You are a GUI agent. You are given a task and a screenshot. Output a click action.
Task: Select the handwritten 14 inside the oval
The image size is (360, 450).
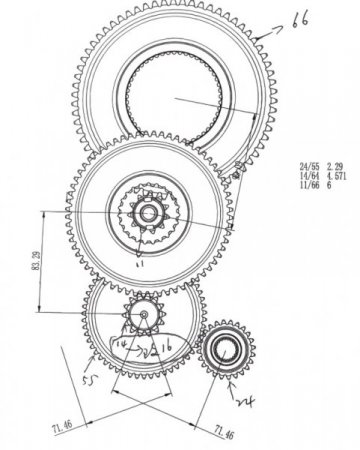point(122,343)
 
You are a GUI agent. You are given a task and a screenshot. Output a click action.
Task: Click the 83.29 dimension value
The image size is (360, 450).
point(36,258)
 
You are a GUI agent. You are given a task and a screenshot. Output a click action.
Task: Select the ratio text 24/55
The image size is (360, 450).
point(310,167)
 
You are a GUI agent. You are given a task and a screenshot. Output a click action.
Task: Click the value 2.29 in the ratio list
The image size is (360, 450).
point(339,167)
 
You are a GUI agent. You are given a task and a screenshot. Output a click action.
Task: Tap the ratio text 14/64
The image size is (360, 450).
point(310,176)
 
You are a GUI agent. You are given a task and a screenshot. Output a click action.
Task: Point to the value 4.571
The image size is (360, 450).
point(341,176)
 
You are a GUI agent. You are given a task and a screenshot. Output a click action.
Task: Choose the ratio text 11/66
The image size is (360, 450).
point(310,185)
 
